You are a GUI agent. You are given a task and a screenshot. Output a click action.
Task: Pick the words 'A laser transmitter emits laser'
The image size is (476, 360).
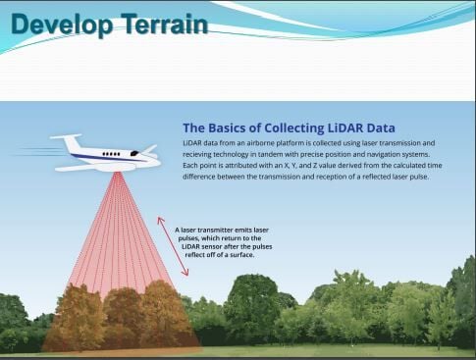(x=218, y=230)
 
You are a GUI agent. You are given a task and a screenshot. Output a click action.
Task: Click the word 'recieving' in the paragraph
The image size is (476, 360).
(x=204, y=154)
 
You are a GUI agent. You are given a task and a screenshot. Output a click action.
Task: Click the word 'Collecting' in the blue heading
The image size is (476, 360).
(x=273, y=128)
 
